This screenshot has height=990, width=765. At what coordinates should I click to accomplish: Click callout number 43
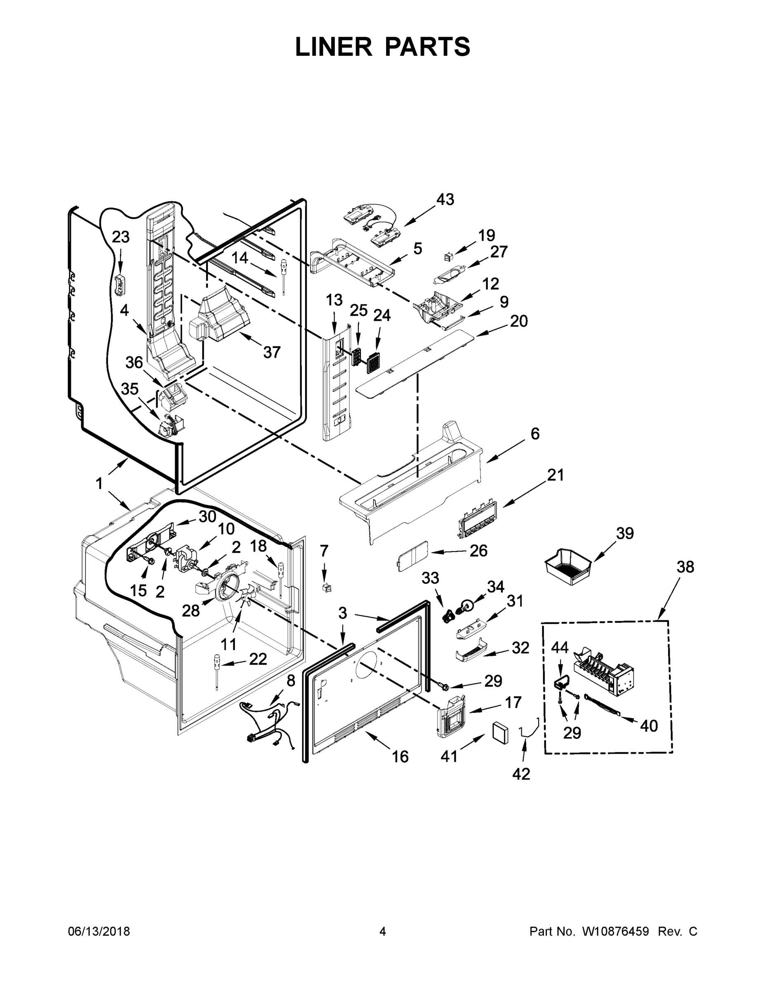(445, 200)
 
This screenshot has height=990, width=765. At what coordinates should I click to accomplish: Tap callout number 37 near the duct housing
(272, 352)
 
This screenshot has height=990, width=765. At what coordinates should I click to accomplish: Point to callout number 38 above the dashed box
(685, 567)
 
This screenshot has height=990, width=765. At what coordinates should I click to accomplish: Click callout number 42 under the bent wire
(521, 774)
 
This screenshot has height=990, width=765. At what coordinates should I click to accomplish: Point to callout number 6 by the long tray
(535, 434)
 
